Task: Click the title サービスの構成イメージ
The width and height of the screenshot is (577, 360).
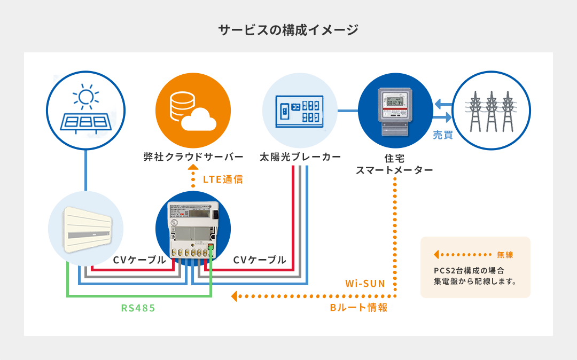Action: [288, 30]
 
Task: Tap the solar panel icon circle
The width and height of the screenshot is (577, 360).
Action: [85, 111]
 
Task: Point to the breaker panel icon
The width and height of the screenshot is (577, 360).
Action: [300, 111]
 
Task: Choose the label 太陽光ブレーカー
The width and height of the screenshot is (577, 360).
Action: [300, 157]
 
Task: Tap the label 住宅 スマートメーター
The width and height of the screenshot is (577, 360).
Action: [394, 164]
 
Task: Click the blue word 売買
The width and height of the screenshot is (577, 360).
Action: [442, 136]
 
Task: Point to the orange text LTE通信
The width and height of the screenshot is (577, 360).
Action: [223, 179]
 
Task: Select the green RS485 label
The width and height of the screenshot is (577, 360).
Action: [138, 308]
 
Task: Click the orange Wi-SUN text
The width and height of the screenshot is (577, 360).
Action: [365, 283]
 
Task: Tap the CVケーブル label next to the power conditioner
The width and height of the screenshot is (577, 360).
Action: [139, 260]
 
